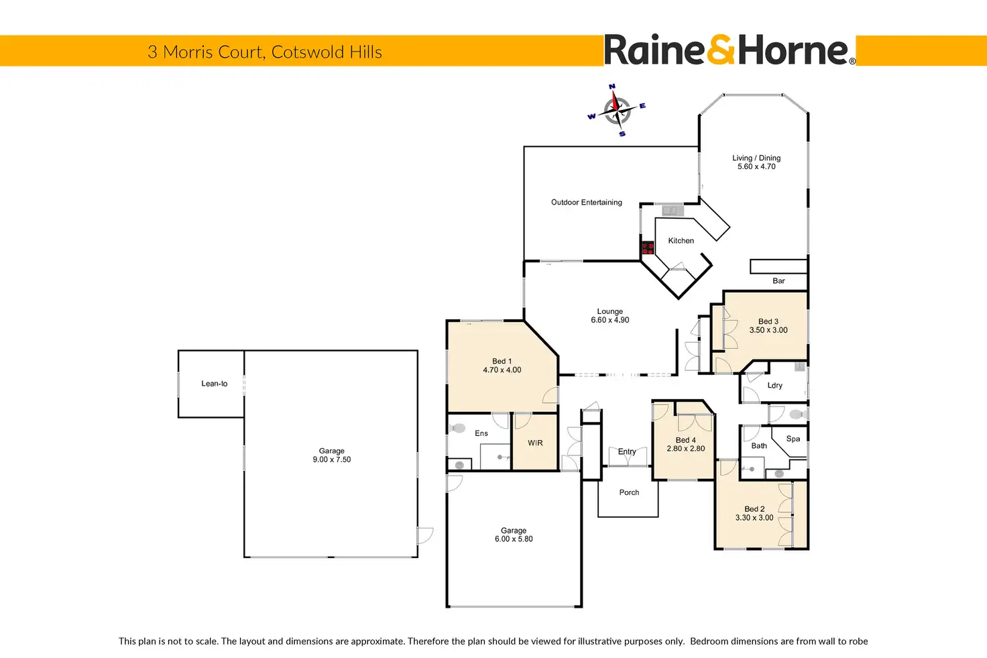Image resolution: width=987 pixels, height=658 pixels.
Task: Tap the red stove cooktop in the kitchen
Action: point(648,248)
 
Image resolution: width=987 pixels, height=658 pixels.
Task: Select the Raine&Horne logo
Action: point(730,50)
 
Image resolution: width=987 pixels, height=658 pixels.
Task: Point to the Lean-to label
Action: point(215,384)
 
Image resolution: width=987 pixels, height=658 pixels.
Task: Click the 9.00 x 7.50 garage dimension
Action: point(332,459)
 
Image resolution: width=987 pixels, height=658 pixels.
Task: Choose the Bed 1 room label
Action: point(502,361)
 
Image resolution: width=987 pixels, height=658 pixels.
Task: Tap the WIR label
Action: point(535,443)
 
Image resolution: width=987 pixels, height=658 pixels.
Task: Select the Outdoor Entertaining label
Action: point(587,202)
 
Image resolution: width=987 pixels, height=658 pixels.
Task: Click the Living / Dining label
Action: point(756,158)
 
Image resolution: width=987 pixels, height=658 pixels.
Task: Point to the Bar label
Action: point(778,281)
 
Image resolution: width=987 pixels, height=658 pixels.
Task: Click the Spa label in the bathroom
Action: point(793,439)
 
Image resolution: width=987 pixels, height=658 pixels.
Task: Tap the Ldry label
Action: point(775,386)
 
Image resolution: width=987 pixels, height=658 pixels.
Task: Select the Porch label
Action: point(629,492)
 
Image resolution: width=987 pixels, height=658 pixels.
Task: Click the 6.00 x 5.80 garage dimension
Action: point(514,539)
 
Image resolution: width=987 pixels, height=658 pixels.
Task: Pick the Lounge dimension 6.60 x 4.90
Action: point(610,320)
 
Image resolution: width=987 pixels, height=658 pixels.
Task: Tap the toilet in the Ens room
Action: point(459,427)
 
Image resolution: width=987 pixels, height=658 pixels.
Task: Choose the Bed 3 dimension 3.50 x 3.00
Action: point(768,330)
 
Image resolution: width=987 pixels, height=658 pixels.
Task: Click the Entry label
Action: point(627,451)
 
